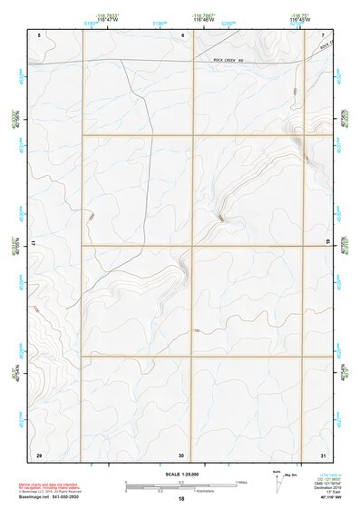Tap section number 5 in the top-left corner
pos(39,34)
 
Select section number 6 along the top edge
pos(182,34)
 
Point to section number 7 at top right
pos(323,34)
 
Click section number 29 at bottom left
pos(38,454)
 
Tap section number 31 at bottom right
pos(323,454)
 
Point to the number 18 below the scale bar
pos(181,499)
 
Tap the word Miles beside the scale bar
pos(241,482)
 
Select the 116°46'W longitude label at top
pos(202,19)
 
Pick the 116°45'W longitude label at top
pos(297,19)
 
